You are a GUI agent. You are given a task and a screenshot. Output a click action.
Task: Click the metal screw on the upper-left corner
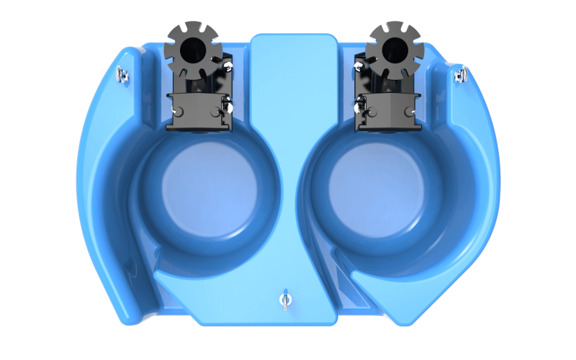(123, 72)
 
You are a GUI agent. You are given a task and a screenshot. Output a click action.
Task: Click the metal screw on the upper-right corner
(460, 72)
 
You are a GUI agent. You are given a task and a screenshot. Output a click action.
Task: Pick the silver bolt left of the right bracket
(358, 108)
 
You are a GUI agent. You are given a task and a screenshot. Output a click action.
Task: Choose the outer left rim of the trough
(90, 180)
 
